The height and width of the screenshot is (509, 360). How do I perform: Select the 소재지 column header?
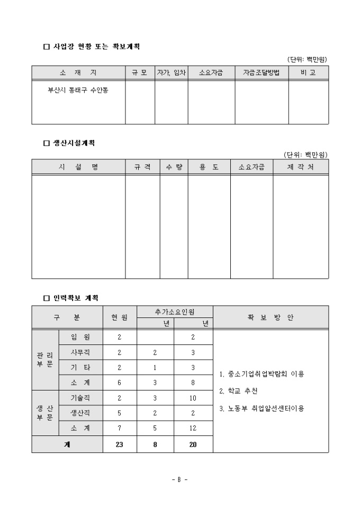coord(78,72)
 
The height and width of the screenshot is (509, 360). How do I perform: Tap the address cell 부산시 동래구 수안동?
coord(78,89)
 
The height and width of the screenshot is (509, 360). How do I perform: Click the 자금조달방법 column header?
coord(262,72)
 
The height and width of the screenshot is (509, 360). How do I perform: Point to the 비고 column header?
coord(308,72)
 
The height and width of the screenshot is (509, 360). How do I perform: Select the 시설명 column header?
coord(78,167)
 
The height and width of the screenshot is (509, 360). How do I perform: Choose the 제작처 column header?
coord(300,167)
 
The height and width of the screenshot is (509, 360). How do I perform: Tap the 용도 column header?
coord(209,167)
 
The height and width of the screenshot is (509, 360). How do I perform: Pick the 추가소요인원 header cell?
coord(175,312)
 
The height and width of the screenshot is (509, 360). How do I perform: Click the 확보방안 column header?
coord(270,317)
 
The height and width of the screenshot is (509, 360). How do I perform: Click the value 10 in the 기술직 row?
coord(193,398)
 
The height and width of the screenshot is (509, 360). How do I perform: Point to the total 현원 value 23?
coord(120,444)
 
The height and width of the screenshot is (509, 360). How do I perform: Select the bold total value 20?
coord(193,444)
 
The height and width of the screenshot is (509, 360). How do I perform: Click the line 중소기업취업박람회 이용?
coord(262,374)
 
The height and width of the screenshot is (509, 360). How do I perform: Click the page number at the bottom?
coord(179,479)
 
